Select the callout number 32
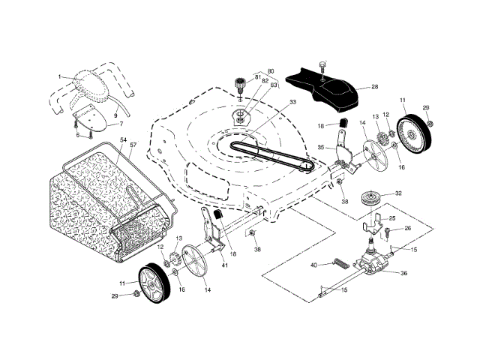398,193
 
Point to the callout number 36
404,273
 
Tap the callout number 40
314,264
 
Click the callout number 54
122,140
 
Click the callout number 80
271,71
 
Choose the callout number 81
256,77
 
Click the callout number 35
320,148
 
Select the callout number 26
407,228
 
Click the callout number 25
392,217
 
